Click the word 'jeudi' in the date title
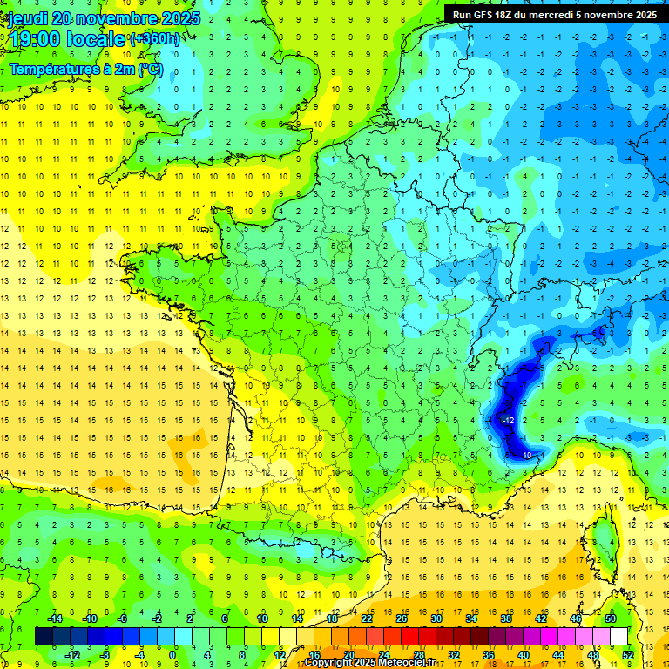24,18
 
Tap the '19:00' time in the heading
30,38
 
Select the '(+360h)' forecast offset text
155,38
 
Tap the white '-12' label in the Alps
509,421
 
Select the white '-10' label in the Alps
526,456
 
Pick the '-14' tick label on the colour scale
54,618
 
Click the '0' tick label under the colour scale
172,654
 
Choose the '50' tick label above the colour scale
611,618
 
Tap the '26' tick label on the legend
402,618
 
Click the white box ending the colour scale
618,636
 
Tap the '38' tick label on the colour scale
506,618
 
